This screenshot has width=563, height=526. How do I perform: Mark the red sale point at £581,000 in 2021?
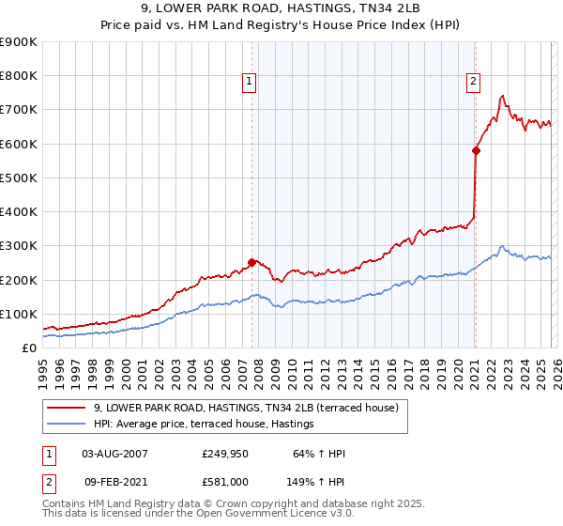pyautogui.click(x=476, y=150)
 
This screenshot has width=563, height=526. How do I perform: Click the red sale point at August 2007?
pyautogui.click(x=251, y=263)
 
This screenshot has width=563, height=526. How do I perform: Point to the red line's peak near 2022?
pyautogui.click(x=503, y=95)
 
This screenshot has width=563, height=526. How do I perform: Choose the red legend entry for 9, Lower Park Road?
pyautogui.click(x=246, y=408)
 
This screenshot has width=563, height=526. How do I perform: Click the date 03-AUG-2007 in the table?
pyautogui.click(x=114, y=454)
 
